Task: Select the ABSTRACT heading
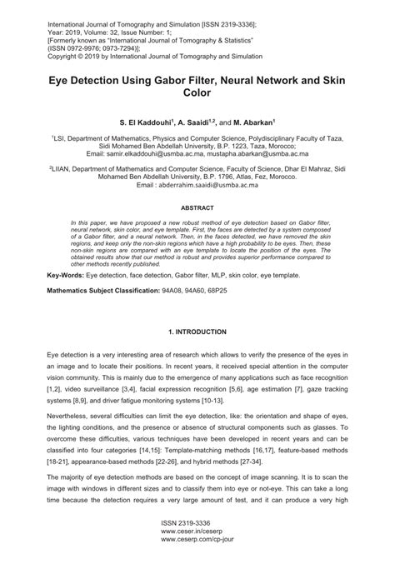click(x=197, y=207)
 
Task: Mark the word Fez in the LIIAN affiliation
click(x=276, y=177)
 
